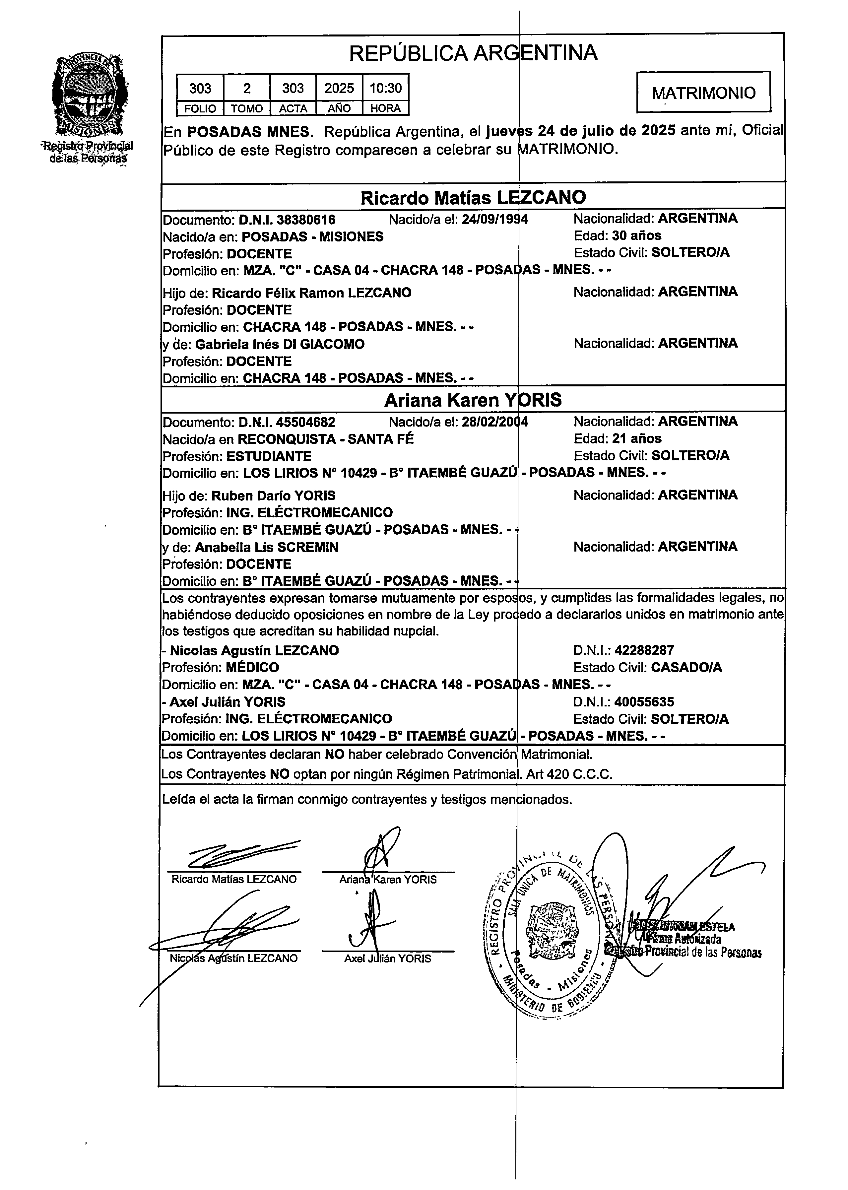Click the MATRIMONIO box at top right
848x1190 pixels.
click(x=703, y=93)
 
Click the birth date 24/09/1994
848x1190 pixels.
click(x=494, y=219)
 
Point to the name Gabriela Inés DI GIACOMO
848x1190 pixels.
click(x=288, y=344)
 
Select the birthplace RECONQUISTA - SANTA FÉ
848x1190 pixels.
click(x=326, y=439)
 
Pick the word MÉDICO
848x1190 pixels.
click(x=252, y=667)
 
